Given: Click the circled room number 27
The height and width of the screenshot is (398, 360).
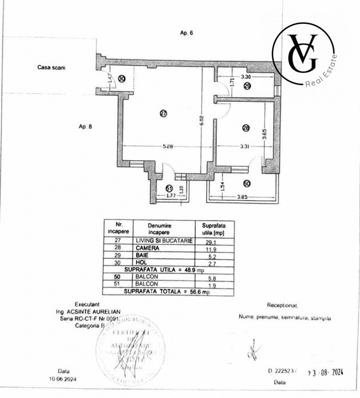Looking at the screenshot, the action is coord(163,113).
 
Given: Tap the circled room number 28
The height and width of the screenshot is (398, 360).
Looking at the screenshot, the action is coord(246,128).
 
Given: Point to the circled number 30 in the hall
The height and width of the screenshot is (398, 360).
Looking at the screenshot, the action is coord(122,79).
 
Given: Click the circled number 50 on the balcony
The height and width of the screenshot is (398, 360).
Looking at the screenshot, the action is coord(247,184).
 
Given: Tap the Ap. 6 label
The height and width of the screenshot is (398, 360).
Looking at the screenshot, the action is coord(186,33).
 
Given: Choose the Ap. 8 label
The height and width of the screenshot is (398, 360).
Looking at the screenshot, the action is coord(86,126).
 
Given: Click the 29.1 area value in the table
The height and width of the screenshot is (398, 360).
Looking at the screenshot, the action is coord(210,241).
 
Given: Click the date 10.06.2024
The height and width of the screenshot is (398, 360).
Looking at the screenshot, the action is coord(62,379).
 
